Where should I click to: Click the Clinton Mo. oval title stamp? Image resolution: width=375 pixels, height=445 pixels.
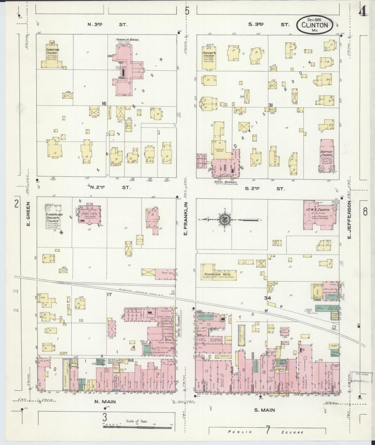coord(315,25)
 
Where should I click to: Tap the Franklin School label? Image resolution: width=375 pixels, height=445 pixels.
coord(127,40)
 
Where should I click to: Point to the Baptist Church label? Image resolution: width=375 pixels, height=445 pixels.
coord(326,153)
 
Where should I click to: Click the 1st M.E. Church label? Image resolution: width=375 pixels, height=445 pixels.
coord(319,210)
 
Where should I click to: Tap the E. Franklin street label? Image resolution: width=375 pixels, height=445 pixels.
coord(185,220)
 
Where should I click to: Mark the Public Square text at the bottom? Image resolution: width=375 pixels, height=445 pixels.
coord(266,432)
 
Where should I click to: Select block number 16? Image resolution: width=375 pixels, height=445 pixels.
coord(104,104)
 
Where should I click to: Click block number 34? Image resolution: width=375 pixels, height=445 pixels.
coord(267,298)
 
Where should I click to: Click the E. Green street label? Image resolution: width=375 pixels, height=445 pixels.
coord(29,214)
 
